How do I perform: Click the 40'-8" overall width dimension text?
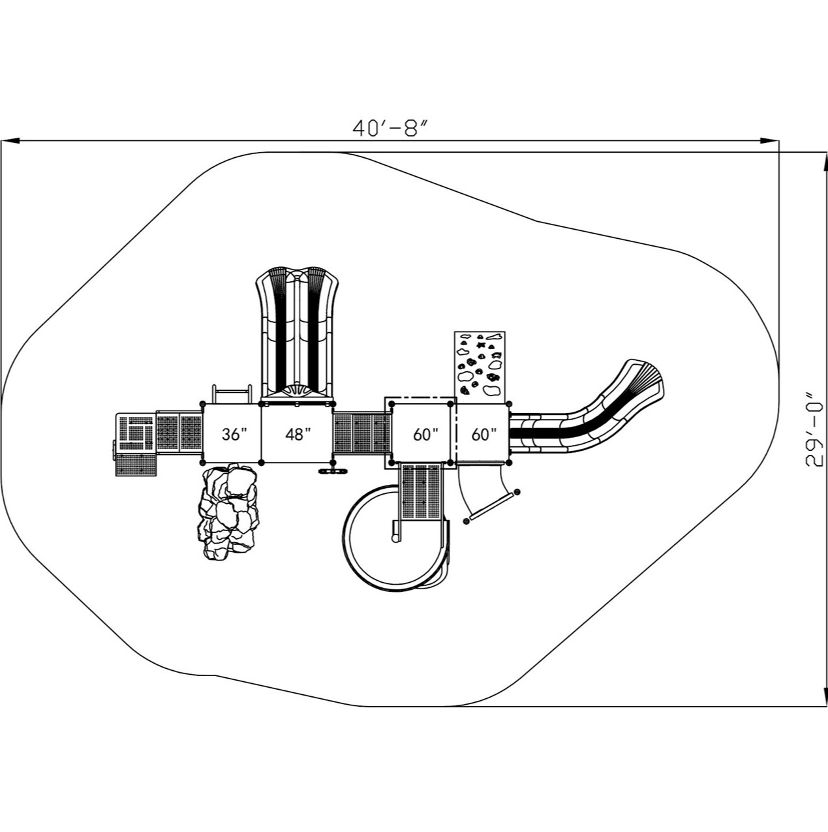(390, 128)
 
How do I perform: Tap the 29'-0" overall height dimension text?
(812, 429)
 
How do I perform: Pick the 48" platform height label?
(297, 435)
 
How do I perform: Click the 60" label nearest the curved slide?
(483, 435)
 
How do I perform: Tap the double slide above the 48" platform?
(298, 333)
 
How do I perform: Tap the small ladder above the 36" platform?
(232, 395)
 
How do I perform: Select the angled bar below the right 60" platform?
(491, 507)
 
